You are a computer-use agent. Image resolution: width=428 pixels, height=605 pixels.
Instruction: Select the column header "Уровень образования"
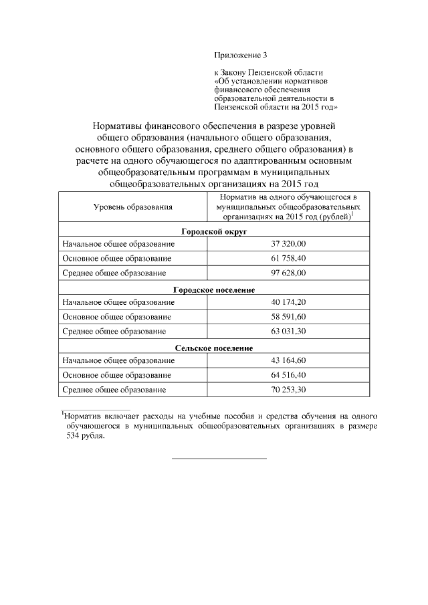point(132,207)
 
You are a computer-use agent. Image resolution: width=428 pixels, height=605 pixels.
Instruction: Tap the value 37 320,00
point(288,244)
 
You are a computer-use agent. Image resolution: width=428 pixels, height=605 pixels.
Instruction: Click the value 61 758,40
point(288,258)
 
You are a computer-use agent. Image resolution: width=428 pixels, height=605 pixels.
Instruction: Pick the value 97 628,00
point(288,273)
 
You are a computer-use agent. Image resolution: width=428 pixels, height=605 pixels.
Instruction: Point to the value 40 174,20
point(288,302)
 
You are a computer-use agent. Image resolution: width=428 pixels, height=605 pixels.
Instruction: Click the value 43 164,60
point(288,360)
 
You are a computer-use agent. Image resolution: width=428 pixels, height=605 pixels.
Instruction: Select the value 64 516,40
point(288,375)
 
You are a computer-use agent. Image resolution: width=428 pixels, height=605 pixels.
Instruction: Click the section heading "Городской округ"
point(214,231)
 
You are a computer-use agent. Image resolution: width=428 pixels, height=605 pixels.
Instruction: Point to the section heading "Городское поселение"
point(214,289)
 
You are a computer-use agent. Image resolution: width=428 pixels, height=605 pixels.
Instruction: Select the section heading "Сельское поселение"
point(214,348)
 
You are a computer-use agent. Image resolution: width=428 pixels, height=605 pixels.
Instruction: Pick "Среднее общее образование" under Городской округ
point(114,273)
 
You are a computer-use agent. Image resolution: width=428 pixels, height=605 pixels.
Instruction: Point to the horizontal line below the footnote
point(219,459)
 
